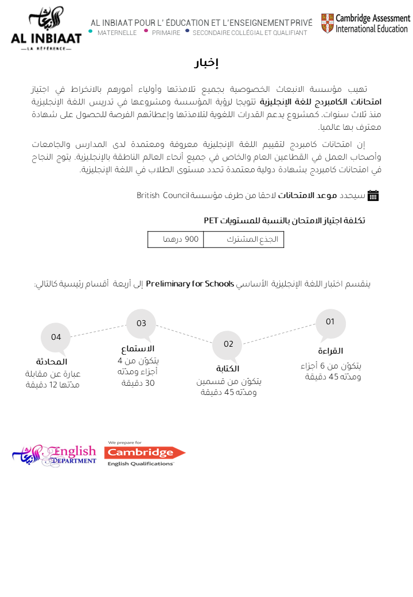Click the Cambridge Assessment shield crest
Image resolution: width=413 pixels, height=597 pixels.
click(x=327, y=24)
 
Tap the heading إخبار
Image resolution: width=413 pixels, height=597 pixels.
click(x=206, y=63)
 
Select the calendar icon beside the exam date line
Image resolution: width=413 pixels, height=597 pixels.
click(x=373, y=195)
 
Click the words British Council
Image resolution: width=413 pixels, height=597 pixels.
click(x=163, y=196)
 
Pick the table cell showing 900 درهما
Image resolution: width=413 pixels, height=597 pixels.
click(x=176, y=239)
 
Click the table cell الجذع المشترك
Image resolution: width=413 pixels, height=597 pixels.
click(x=244, y=239)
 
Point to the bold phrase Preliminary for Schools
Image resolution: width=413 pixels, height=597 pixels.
click(x=190, y=284)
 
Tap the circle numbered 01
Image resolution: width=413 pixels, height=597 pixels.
click(x=330, y=323)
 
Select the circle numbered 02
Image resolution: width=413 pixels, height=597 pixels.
click(x=228, y=344)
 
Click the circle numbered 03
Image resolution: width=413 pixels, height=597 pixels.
click(x=141, y=324)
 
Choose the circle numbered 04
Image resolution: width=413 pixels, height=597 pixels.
click(x=56, y=338)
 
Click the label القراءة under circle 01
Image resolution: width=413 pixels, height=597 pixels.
click(x=330, y=351)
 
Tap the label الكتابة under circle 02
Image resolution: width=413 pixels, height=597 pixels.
click(x=228, y=369)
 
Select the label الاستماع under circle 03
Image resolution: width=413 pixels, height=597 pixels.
click(x=138, y=348)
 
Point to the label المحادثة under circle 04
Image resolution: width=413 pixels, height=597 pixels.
click(x=52, y=362)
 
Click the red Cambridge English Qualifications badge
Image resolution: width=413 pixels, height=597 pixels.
click(x=145, y=453)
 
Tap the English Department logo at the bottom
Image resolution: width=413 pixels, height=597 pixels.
click(x=54, y=455)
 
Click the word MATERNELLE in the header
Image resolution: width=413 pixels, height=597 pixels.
click(x=117, y=33)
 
